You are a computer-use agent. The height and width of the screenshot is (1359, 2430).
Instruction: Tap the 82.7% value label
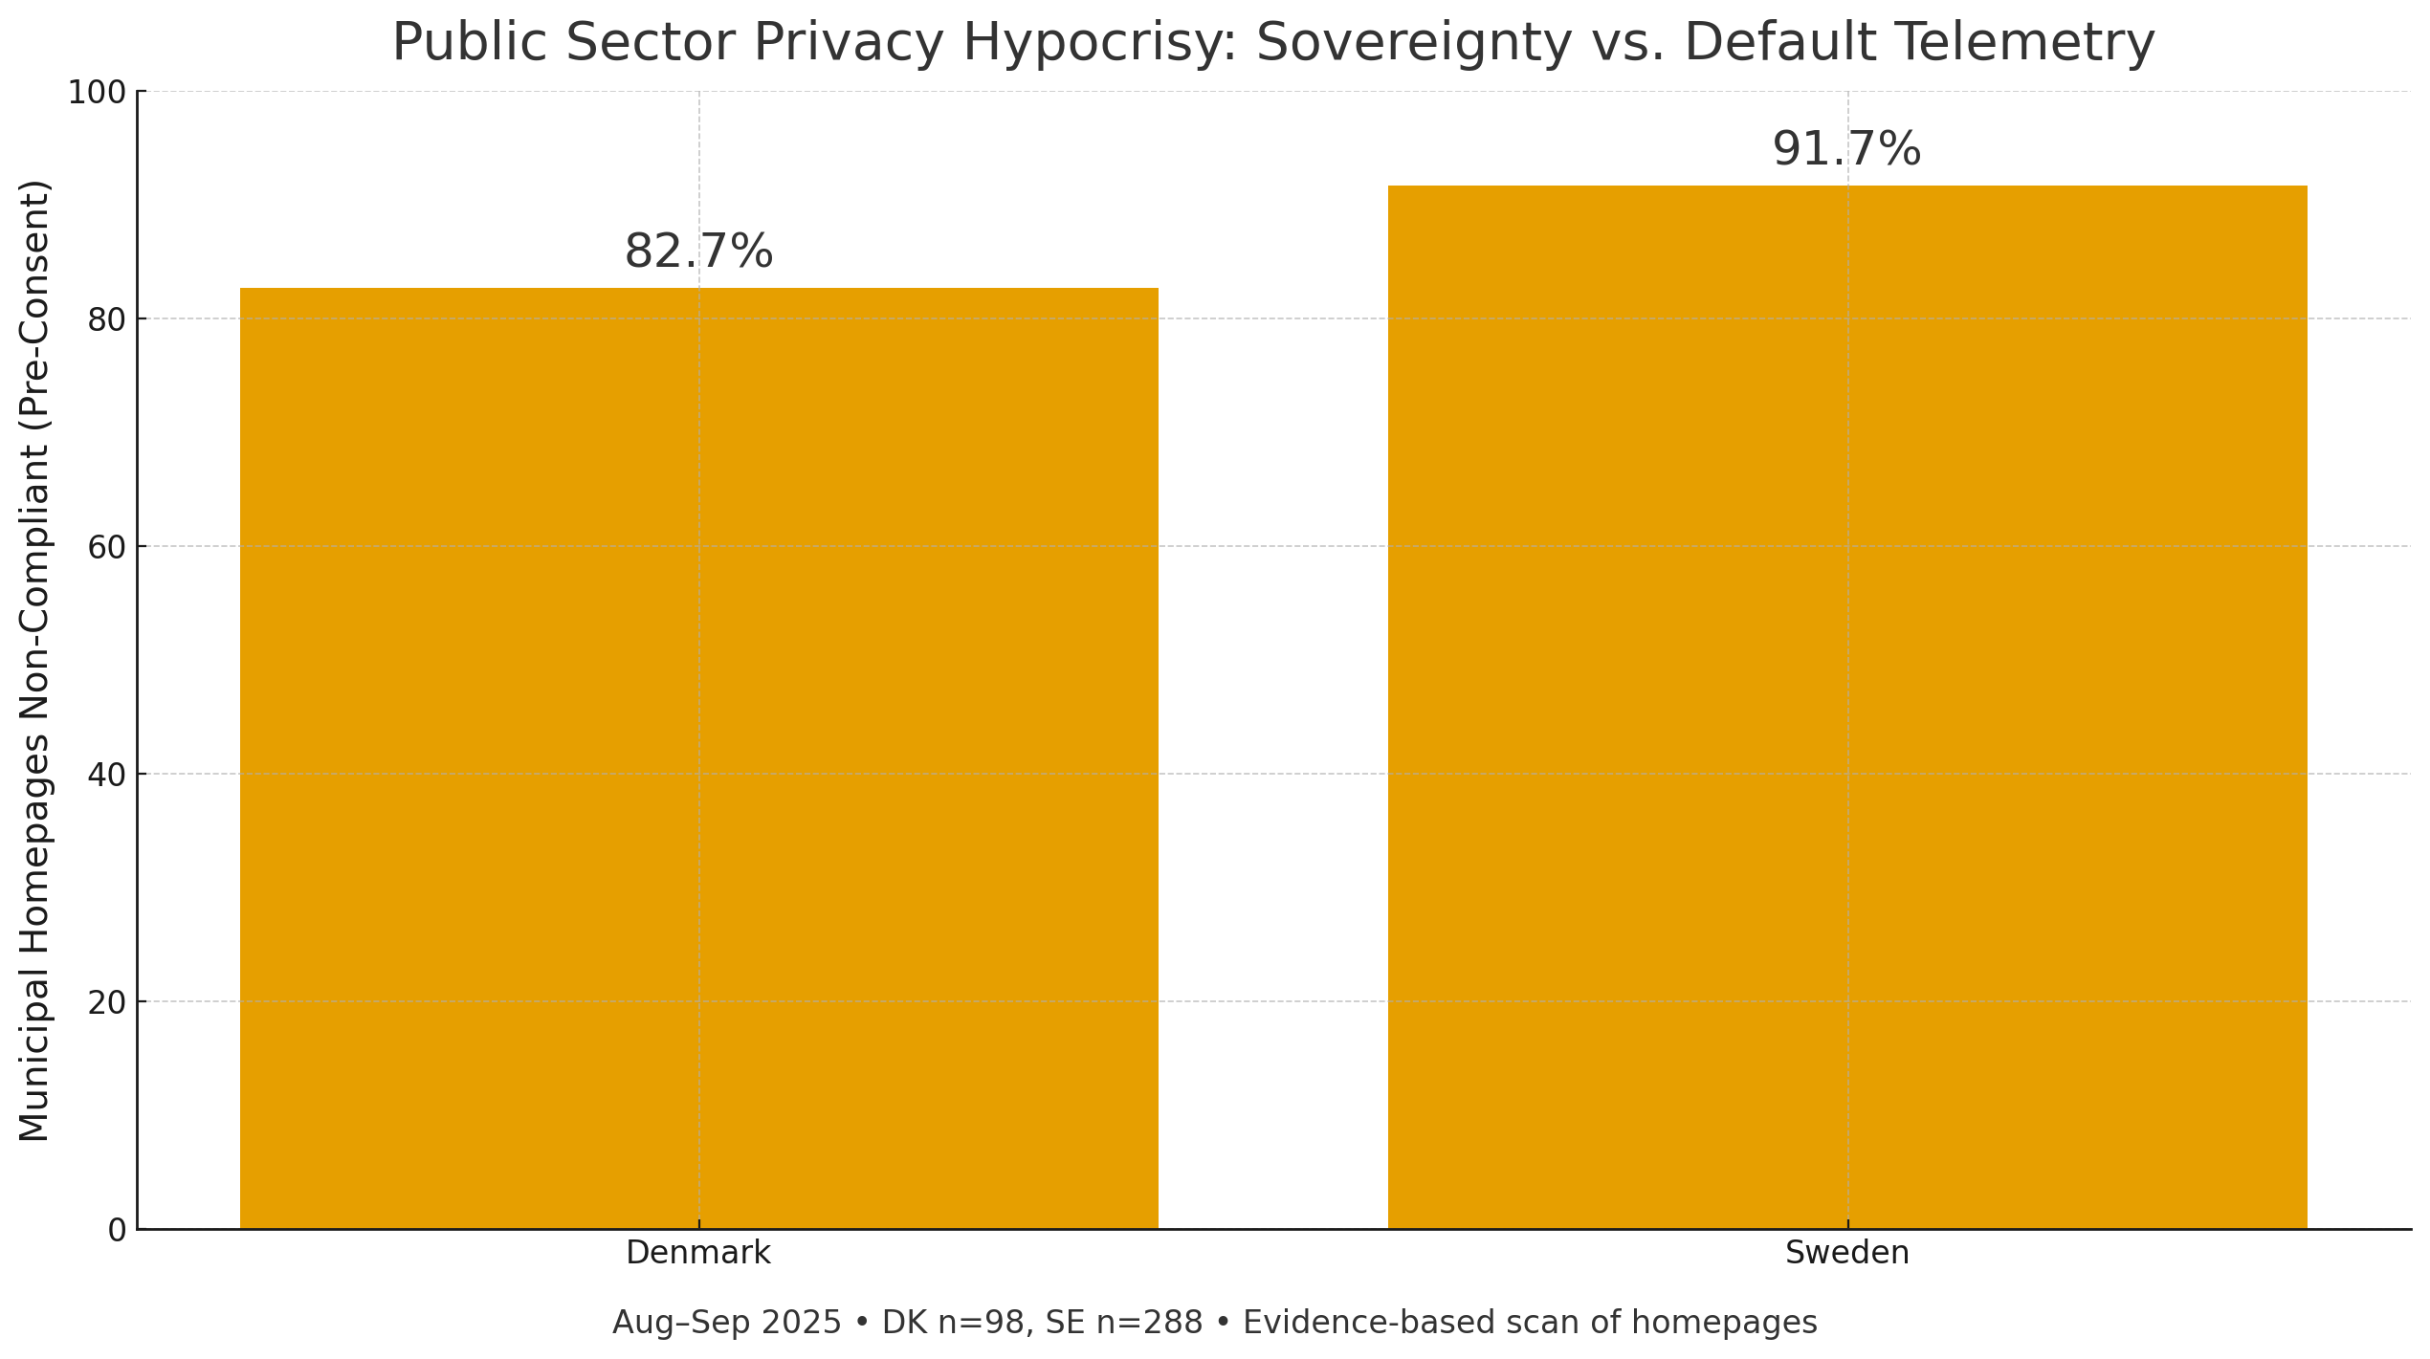698,252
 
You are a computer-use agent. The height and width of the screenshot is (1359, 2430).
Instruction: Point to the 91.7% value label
1846,150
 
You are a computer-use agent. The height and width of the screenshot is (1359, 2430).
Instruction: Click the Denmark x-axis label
698,1253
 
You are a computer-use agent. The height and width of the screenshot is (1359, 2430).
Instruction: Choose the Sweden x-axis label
1846,1253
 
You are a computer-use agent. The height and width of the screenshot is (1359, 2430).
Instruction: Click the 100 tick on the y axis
97,93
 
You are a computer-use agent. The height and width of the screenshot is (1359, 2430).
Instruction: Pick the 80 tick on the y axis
106,320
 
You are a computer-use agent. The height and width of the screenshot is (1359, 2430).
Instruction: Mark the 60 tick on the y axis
106,548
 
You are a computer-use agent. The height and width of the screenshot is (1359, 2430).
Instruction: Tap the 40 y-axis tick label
106,776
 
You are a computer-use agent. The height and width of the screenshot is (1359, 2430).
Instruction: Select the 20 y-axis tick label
106,1003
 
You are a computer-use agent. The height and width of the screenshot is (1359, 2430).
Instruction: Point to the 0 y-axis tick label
117,1231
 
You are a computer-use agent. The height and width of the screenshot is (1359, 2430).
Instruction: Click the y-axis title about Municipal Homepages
34,660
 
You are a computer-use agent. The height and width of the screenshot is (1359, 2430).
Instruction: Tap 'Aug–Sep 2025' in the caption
726,1323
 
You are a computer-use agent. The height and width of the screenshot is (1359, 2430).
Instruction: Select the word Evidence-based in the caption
1351,1323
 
